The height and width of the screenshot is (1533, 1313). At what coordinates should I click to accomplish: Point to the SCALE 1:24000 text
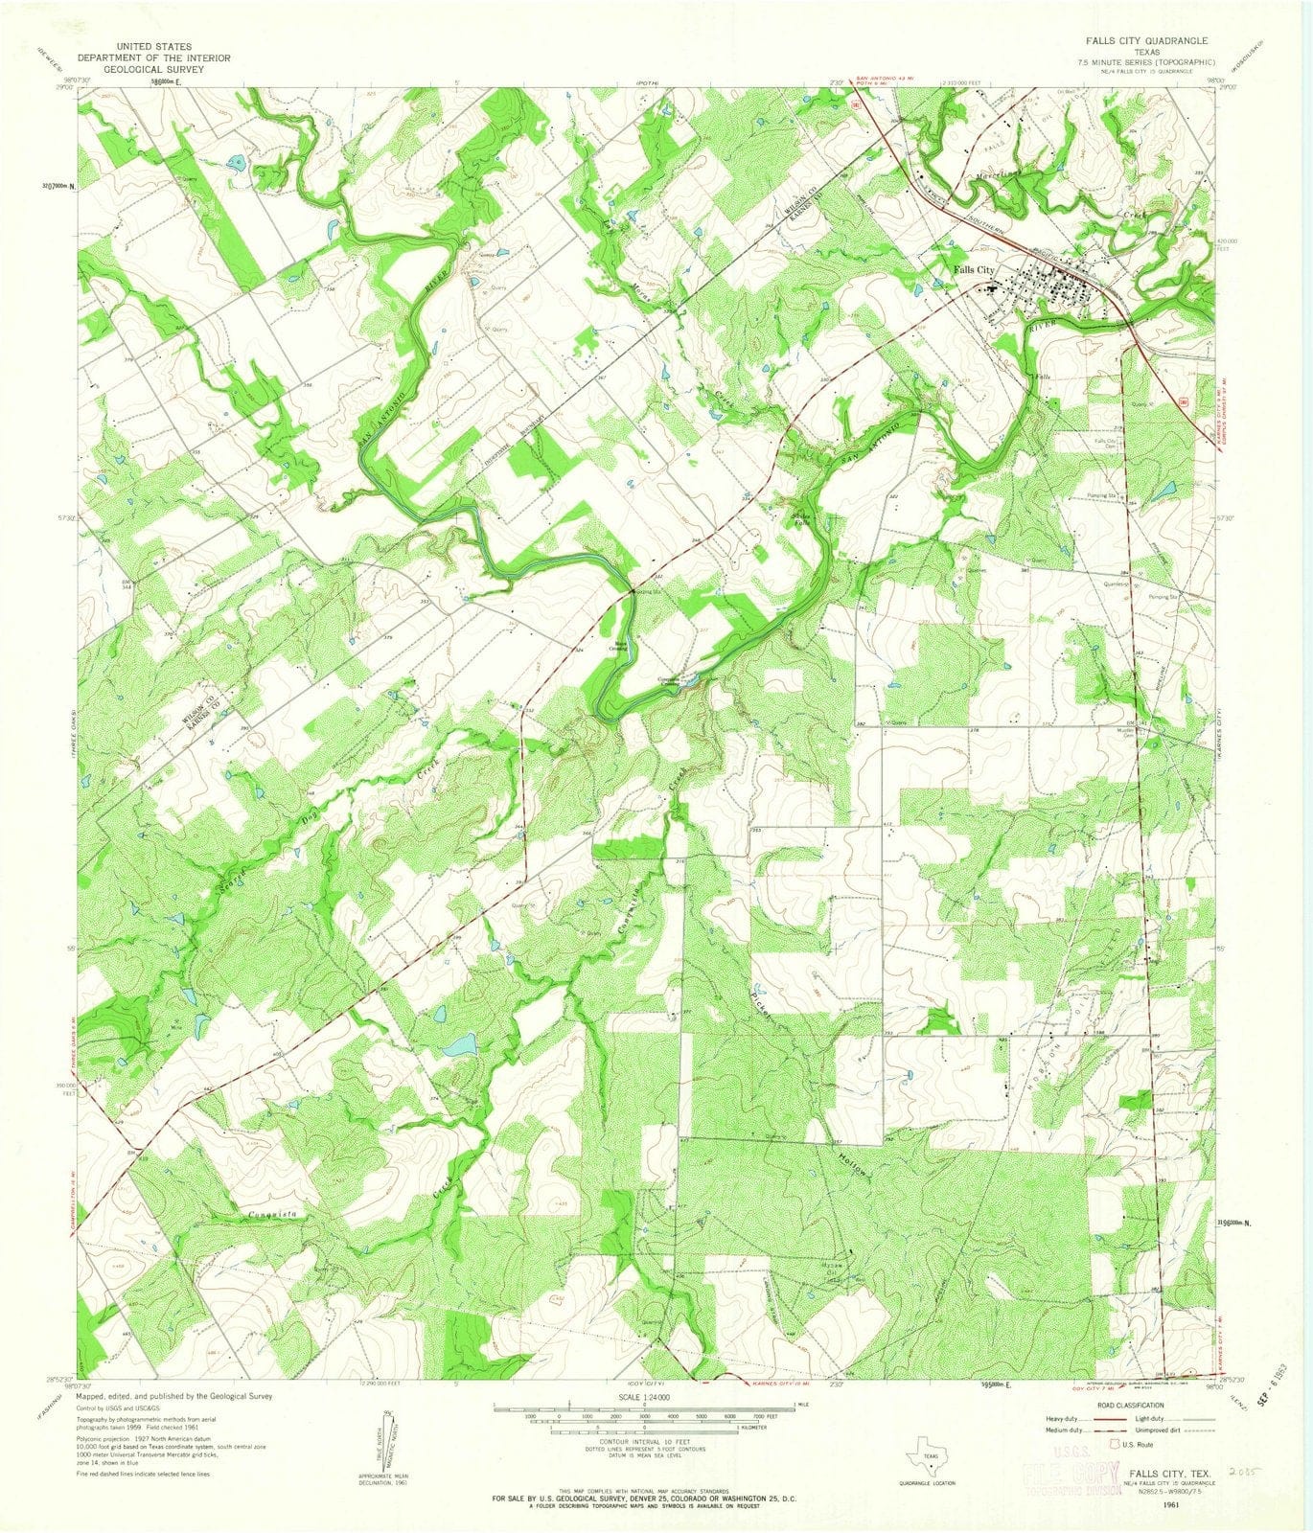(x=645, y=1396)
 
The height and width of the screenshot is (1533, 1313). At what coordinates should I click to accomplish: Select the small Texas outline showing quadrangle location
(x=928, y=1455)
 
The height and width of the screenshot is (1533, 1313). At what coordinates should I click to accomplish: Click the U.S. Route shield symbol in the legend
(x=1115, y=1443)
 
